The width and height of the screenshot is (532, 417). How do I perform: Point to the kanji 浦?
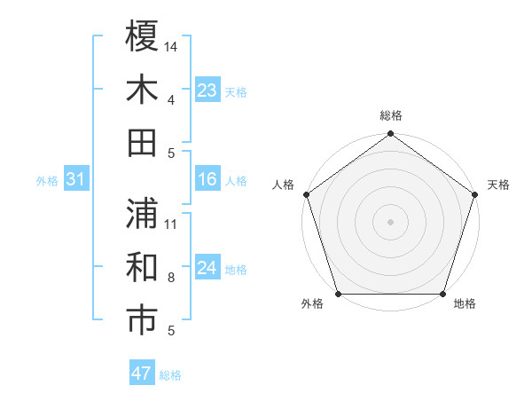(142, 213)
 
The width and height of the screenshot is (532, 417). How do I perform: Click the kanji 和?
(142, 267)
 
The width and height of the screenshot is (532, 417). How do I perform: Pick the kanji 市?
(142, 320)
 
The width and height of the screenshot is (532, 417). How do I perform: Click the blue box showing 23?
(207, 90)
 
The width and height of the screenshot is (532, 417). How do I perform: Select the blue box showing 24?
(207, 269)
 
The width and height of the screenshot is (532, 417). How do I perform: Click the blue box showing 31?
(76, 180)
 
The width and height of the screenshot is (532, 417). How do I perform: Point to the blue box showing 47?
(142, 374)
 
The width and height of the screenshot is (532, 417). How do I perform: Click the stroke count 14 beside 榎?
(171, 45)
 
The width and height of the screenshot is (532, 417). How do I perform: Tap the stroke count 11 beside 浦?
(171, 224)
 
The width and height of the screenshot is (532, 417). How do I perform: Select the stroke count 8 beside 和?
(171, 278)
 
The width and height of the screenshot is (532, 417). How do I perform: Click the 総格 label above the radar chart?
(391, 115)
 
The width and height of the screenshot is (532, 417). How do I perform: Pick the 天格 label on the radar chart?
(498, 185)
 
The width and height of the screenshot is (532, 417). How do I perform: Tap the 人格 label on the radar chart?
(284, 185)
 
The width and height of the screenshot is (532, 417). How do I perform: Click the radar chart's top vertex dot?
(391, 135)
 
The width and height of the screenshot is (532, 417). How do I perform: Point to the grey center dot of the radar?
(391, 222)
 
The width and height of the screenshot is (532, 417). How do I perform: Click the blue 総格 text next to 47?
(170, 375)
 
